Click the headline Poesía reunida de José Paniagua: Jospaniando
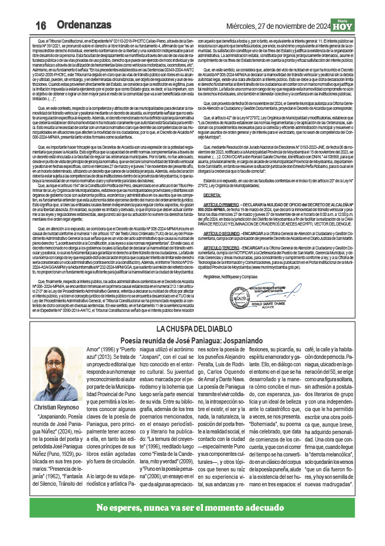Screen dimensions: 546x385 (193, 339)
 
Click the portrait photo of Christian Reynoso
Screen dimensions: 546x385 (56, 373)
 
